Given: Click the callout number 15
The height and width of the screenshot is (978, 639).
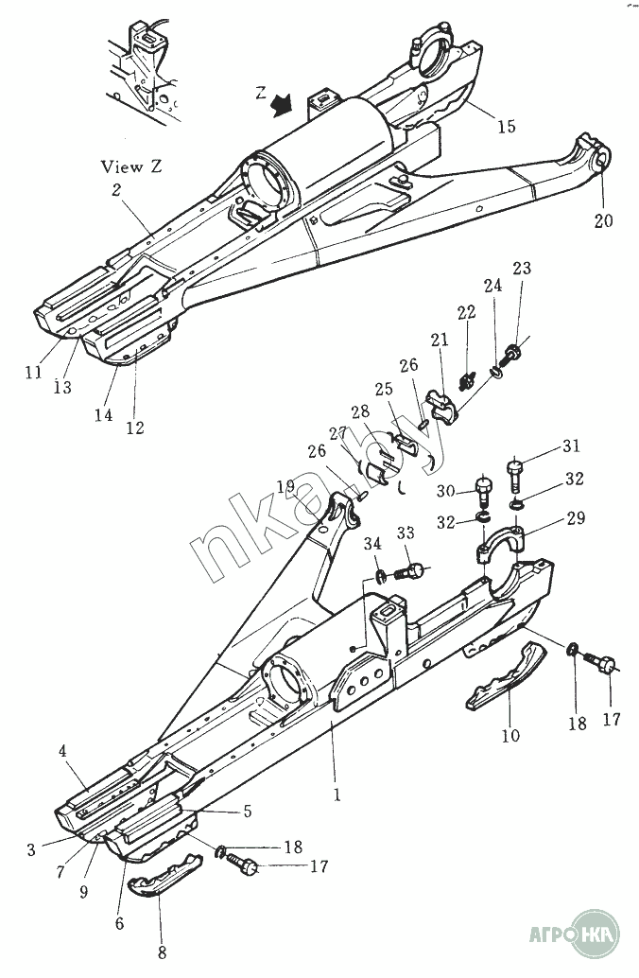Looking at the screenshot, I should click(507, 126).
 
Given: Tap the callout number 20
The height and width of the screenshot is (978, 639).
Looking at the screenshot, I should click(604, 220).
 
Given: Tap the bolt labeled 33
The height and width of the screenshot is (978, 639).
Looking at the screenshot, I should click(411, 571).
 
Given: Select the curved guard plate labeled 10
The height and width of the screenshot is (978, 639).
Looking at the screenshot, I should click(505, 677).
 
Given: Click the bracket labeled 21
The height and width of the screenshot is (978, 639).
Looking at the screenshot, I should click(442, 402).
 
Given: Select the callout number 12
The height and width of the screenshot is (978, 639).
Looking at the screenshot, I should click(135, 428).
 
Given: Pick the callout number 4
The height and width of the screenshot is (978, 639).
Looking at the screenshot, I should click(62, 752).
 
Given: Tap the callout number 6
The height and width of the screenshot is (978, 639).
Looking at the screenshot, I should click(119, 923).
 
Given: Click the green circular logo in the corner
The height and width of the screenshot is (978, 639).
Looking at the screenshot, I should click(596, 932).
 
